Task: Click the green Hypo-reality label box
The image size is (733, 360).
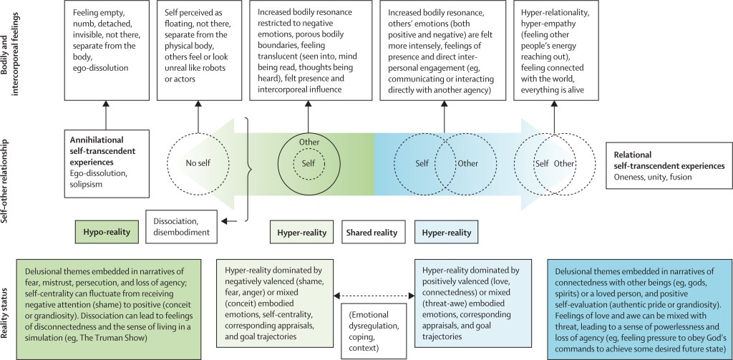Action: [107, 233]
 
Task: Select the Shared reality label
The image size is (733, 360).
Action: [367, 233]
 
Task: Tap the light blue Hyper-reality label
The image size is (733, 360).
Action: [446, 233]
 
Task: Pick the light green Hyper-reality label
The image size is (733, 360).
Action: [302, 233]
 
